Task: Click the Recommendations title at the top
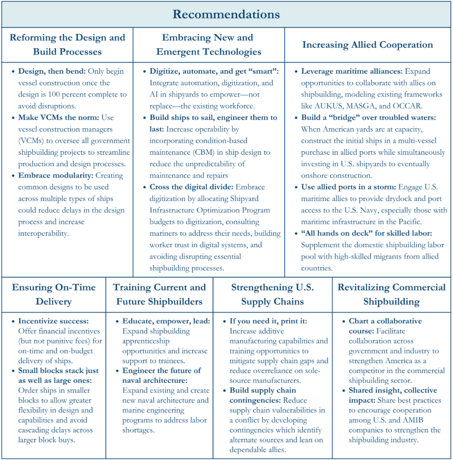(x=226, y=14)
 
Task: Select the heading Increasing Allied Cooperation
(x=367, y=45)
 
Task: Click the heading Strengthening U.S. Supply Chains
(x=272, y=294)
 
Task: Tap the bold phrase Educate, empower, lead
(x=166, y=321)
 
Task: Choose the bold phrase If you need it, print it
(x=269, y=321)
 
